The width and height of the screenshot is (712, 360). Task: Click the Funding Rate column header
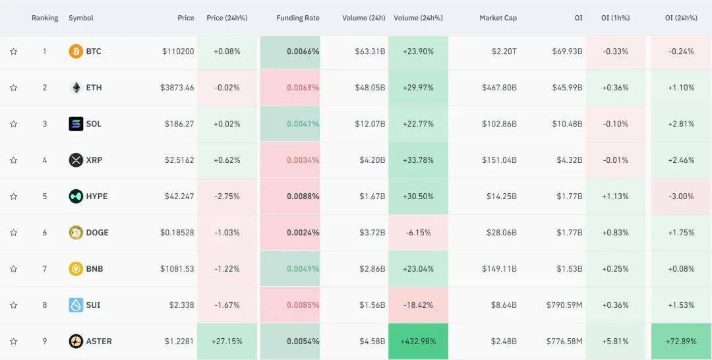click(297, 18)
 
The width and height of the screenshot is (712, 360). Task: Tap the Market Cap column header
click(498, 18)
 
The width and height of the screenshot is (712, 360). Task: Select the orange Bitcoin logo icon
click(76, 51)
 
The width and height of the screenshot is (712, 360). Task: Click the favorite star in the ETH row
click(13, 88)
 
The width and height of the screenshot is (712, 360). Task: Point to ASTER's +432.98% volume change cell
click(418, 342)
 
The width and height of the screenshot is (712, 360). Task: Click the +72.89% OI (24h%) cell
click(681, 342)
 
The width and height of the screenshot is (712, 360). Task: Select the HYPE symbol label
click(96, 196)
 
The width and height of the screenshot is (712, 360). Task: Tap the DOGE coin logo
click(76, 233)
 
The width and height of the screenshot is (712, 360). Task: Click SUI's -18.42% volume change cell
click(418, 305)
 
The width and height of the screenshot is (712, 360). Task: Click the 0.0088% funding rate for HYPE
click(303, 196)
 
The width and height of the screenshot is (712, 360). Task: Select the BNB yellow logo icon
click(76, 269)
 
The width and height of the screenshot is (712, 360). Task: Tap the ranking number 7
click(45, 269)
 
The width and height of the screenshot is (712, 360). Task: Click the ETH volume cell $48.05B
click(363, 88)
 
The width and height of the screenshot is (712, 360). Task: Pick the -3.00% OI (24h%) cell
click(681, 196)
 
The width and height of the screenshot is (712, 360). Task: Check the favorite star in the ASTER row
click(13, 342)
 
